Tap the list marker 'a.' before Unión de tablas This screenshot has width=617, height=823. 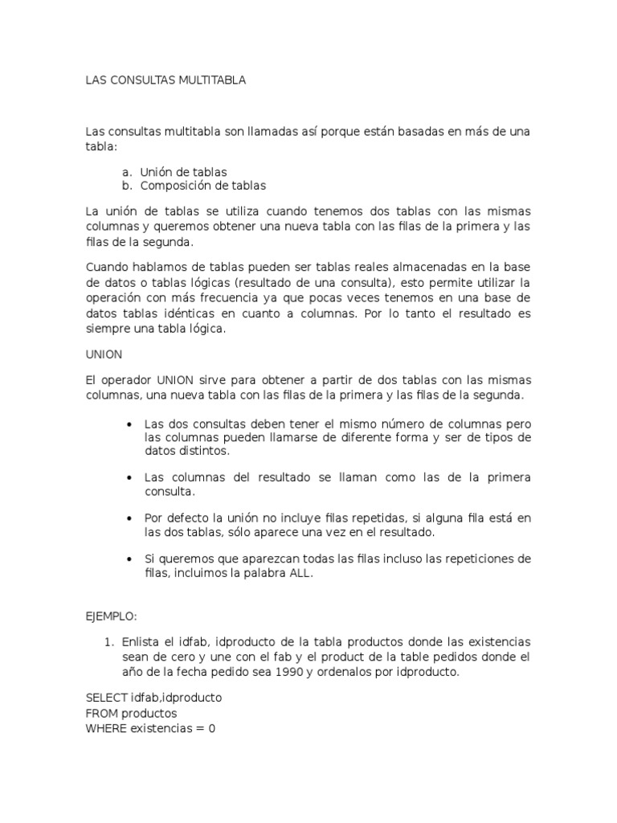coord(127,172)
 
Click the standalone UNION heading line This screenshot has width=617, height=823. coord(103,354)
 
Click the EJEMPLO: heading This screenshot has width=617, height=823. coord(112,616)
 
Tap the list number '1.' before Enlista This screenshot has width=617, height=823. coord(110,643)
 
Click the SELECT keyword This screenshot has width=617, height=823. coord(106,698)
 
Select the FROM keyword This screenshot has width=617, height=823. coord(100,713)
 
